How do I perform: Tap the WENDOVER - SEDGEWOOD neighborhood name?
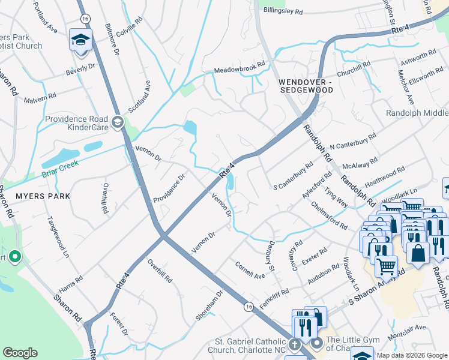click(306, 85)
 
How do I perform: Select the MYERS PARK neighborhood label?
click(43, 196)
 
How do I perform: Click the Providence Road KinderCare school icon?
click(118, 123)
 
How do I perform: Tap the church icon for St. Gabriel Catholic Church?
click(294, 345)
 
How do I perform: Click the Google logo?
click(20, 353)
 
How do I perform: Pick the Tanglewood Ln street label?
click(59, 237)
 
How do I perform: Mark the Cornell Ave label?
click(250, 271)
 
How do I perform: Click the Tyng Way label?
click(336, 196)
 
